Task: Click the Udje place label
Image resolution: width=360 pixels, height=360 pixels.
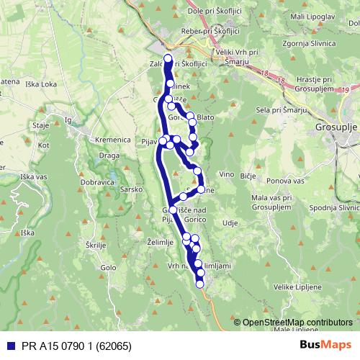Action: pos(230,223)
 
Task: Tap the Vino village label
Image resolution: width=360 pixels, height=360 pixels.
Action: pos(227,175)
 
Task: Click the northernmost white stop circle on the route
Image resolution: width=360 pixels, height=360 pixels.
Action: pos(168,59)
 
